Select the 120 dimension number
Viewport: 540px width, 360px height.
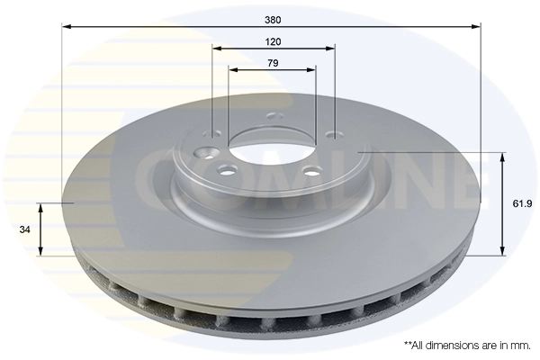[x=274, y=41]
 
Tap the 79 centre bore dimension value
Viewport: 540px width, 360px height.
[x=273, y=62]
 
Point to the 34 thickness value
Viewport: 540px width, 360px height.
[x=25, y=229]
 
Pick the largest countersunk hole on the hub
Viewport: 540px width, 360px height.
[x=206, y=153]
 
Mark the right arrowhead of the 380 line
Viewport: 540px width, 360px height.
[x=478, y=25]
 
